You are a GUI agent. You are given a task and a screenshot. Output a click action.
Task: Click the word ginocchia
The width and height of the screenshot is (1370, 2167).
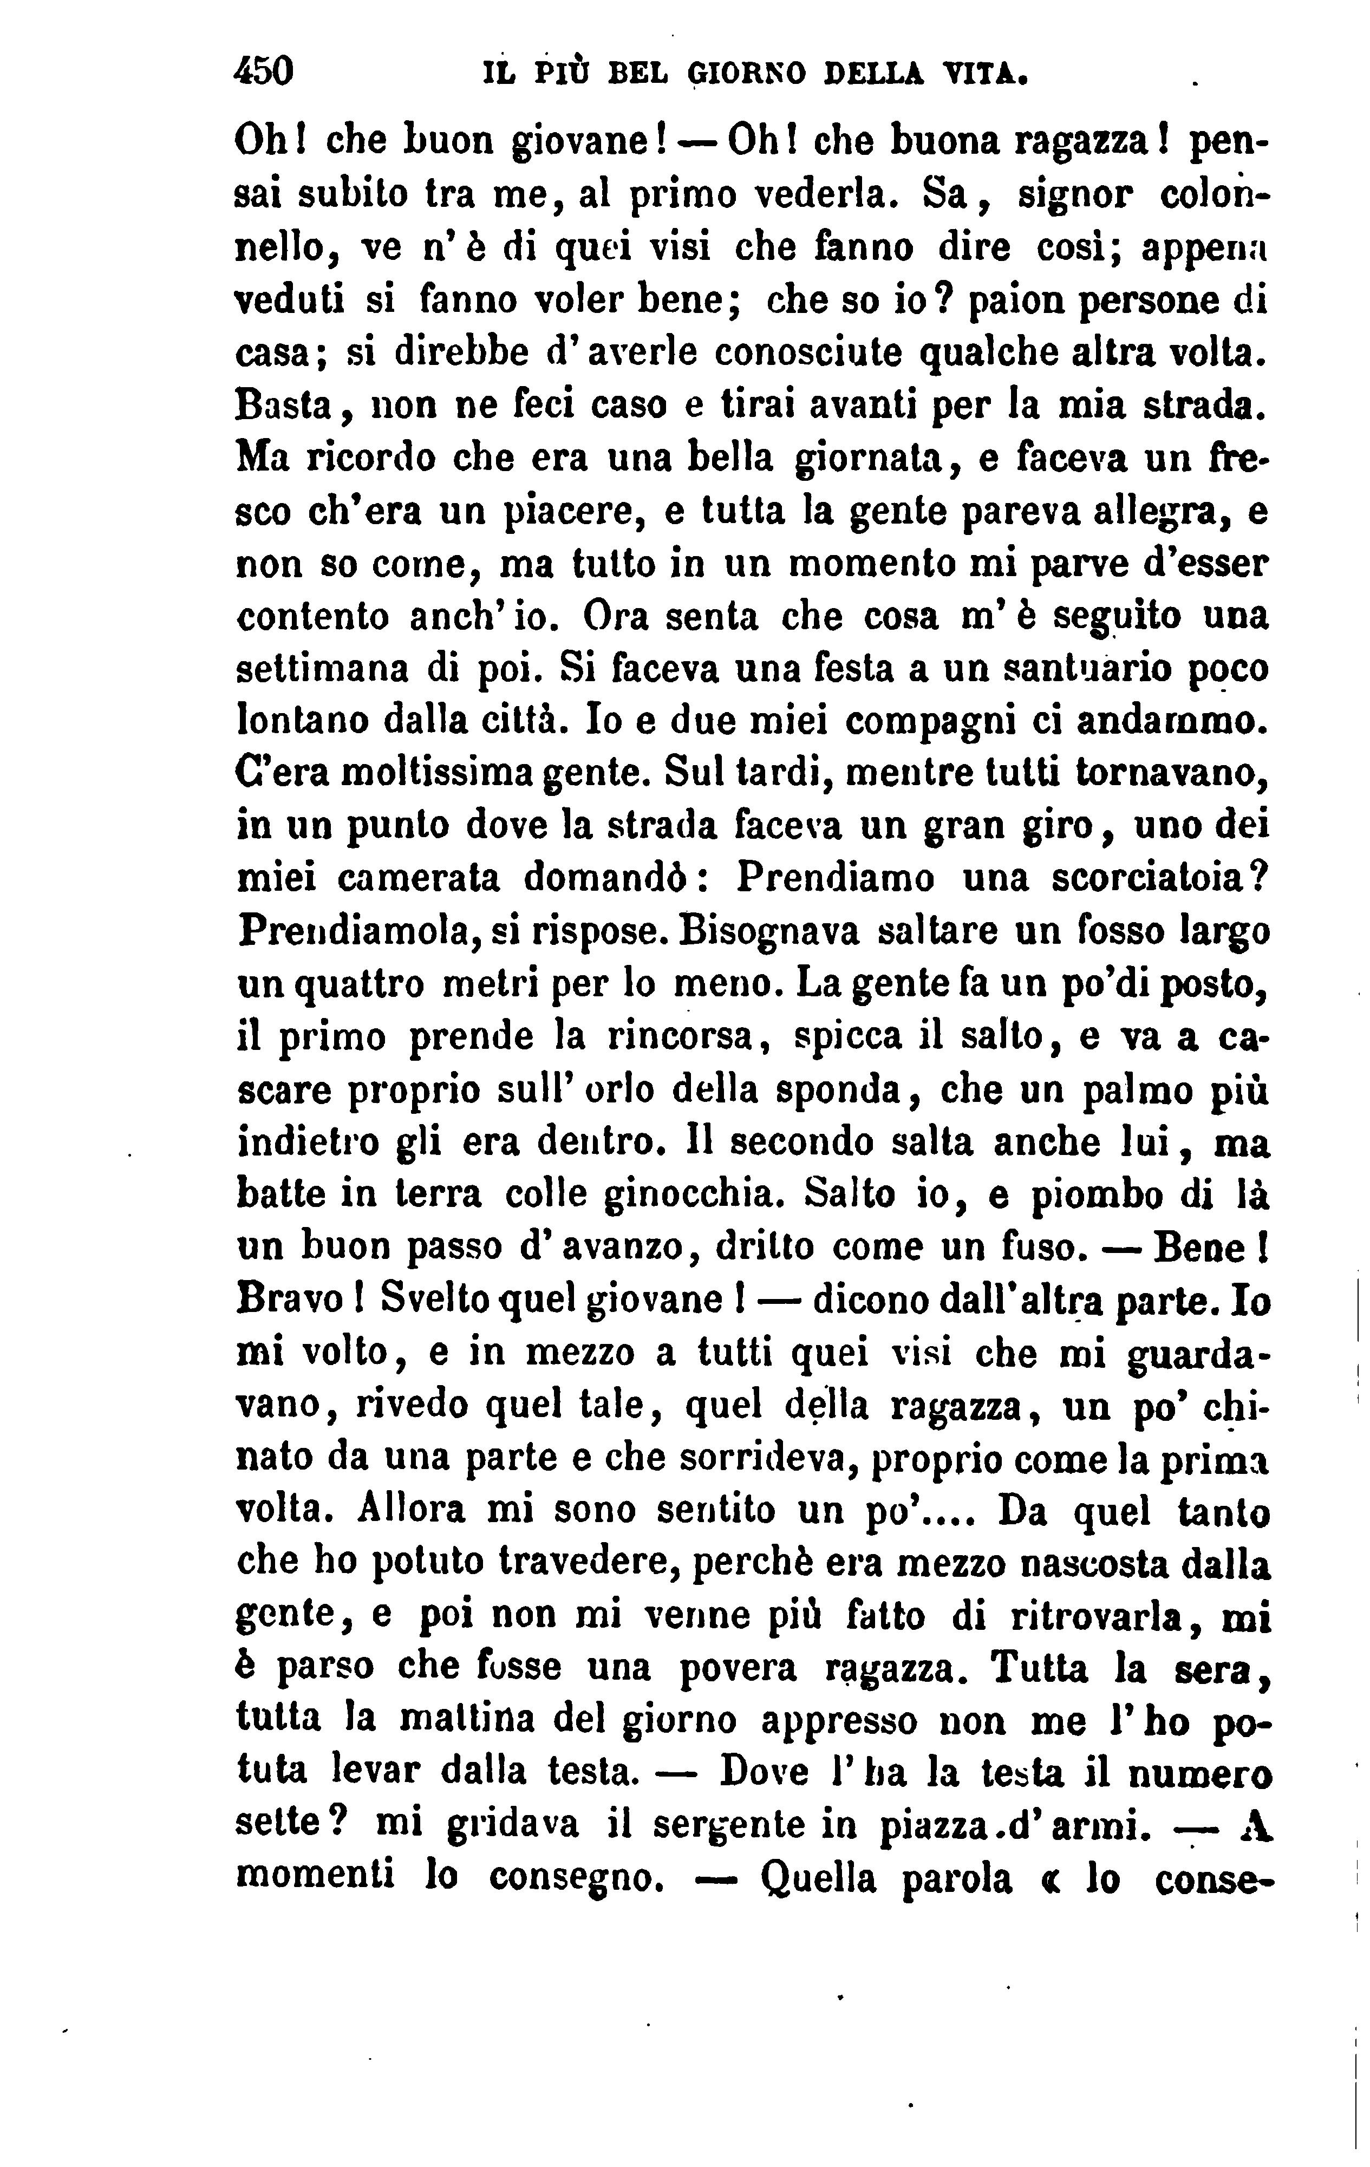[x=693, y=1195]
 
